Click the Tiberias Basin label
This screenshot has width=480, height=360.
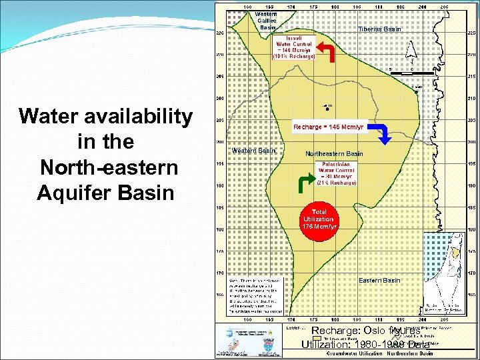pos(379,29)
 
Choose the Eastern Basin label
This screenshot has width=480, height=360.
pos(379,281)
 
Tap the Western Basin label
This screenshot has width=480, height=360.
pos(253,151)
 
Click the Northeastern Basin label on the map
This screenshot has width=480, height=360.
pos(334,154)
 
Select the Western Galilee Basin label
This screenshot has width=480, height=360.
pos(267,21)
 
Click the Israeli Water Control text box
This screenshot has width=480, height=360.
pos(293,47)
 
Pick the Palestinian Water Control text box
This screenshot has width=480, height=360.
pos(337,173)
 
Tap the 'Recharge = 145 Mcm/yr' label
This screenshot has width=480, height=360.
pos(329,127)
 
